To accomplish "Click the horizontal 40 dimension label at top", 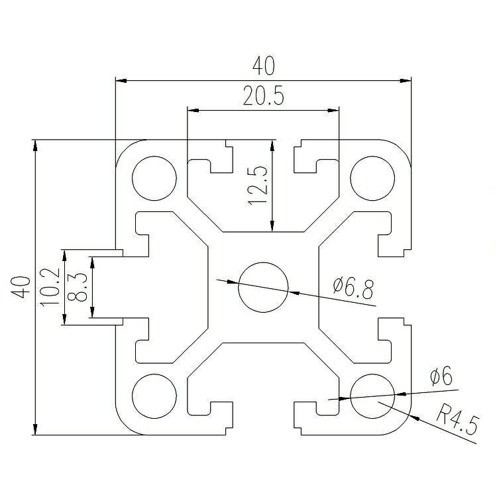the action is tap(263, 66).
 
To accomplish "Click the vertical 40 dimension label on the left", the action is tap(21, 287).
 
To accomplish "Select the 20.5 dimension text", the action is tap(263, 95).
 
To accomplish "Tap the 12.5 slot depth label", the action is tap(258, 186).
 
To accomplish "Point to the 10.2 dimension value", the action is tap(50, 287).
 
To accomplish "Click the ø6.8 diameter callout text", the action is tap(353, 288).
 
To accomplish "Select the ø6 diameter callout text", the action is tap(441, 376).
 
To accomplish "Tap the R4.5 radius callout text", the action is tap(457, 421).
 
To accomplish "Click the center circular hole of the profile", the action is tap(263, 287).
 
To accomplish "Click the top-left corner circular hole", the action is tap(154, 178).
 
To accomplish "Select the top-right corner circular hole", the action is tap(372, 178).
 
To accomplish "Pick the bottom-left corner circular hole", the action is tap(154, 396).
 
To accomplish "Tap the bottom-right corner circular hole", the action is tap(372, 396).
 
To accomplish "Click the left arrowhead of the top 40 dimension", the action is tap(121, 80).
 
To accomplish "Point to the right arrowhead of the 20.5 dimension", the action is tap(333, 110).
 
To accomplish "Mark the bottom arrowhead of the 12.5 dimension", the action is tap(272, 226).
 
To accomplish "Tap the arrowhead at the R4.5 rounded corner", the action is tap(414, 417).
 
